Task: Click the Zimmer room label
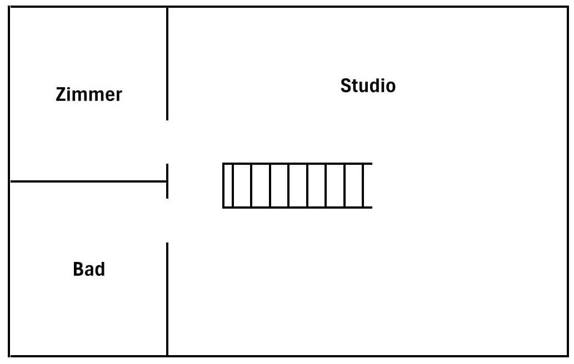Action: point(89,94)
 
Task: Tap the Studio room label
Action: point(368,86)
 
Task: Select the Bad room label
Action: point(89,270)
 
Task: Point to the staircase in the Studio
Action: point(297,186)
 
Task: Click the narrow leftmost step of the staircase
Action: point(228,186)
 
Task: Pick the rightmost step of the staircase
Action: point(368,186)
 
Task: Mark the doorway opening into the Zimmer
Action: point(167,141)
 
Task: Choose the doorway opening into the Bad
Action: point(167,220)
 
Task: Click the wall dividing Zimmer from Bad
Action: point(89,181)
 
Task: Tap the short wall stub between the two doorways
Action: point(167,181)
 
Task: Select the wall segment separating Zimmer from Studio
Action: point(167,64)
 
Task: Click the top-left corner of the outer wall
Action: point(10,8)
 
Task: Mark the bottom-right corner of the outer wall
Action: point(566,356)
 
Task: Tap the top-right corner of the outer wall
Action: point(566,8)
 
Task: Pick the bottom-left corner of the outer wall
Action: point(10,356)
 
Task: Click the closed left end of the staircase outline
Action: point(223,186)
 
